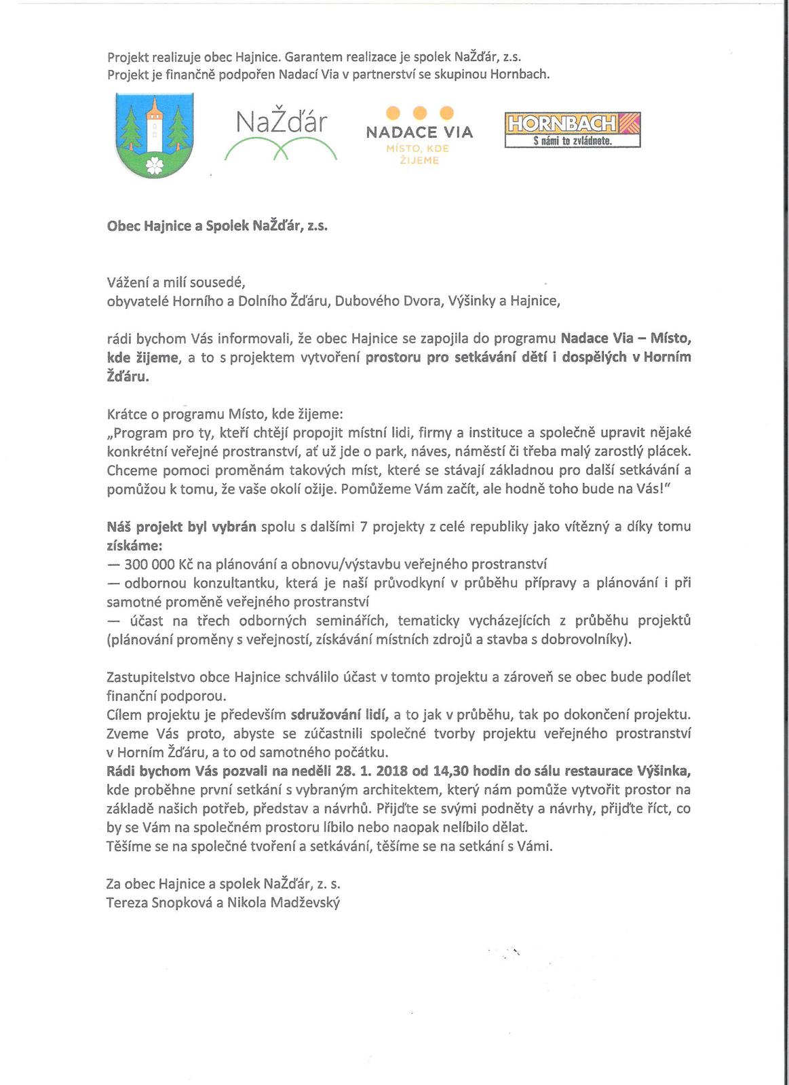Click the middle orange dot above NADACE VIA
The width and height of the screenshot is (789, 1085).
419,112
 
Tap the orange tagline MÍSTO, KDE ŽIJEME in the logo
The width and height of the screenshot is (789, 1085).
419,154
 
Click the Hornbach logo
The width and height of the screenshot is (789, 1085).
572,130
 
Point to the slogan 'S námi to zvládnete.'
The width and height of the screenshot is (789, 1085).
572,142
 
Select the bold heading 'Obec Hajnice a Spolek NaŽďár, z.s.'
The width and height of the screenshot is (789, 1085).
218,227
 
